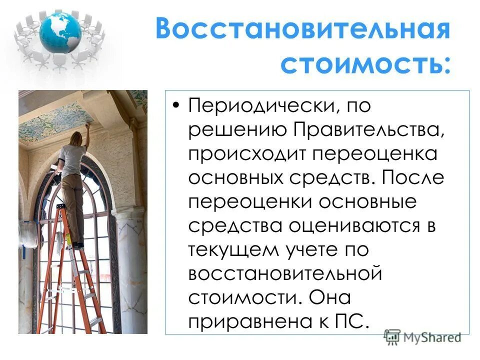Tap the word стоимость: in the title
point(364,64)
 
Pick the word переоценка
point(375,153)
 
